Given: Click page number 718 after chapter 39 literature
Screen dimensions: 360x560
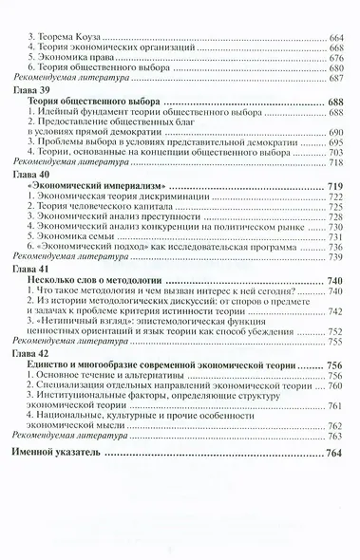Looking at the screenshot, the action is point(335,162).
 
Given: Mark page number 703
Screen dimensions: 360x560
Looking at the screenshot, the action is point(335,152).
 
